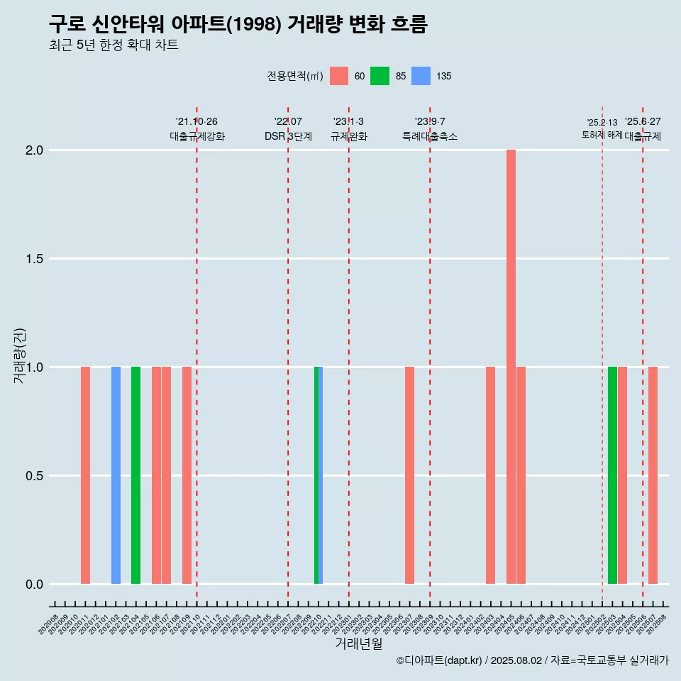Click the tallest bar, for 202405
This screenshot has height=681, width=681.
point(511,367)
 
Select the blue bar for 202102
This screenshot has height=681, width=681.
point(116,475)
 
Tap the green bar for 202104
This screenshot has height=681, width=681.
point(135,475)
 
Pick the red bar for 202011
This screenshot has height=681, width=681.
point(85,475)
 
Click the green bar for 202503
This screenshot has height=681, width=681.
point(612,475)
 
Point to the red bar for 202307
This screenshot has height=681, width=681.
point(409,475)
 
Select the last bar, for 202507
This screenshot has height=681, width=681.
point(653,475)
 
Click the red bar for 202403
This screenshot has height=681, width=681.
point(490,475)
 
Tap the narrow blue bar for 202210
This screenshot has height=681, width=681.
point(321,475)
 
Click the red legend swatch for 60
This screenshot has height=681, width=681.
point(339,76)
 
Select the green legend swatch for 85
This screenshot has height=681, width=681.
point(380,76)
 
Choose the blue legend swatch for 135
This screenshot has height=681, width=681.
point(421,76)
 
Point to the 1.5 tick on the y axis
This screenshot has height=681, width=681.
point(35,259)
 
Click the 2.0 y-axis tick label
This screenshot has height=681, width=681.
point(35,150)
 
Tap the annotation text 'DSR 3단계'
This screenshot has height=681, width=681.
point(288,136)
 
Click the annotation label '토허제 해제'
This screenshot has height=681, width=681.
point(602,135)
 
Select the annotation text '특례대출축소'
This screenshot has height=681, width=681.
point(430,136)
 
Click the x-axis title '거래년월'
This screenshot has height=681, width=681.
point(358,643)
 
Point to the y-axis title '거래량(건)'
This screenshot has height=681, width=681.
point(20,355)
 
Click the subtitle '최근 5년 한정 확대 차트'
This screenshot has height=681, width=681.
point(113,45)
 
